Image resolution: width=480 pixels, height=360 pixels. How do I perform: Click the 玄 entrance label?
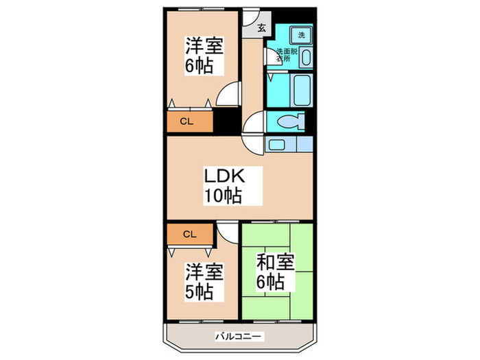pos(262,28)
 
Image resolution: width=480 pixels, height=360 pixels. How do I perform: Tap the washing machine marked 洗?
pos(300,34)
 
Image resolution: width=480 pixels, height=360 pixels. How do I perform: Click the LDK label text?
pos(222,176)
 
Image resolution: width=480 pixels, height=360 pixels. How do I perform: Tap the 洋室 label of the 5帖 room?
pos(204,271)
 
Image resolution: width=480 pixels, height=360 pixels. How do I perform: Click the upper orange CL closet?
pos(186,122)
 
